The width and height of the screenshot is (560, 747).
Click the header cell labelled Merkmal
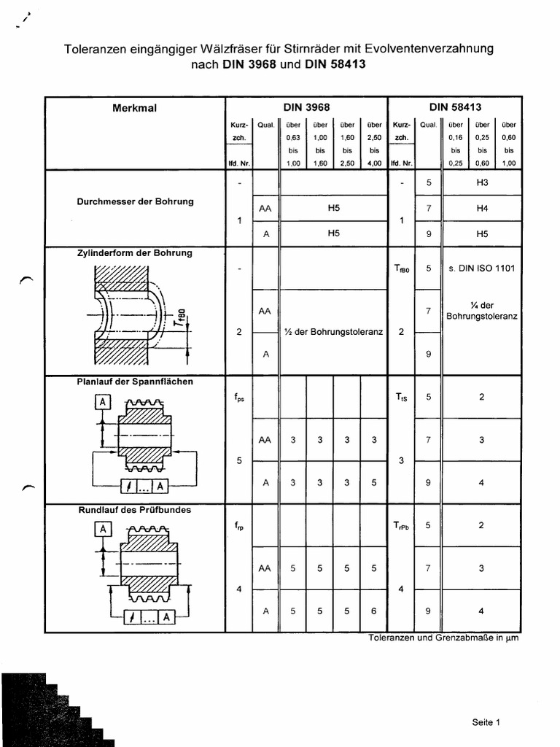(x=135, y=107)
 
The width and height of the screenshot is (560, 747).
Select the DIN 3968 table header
(x=306, y=107)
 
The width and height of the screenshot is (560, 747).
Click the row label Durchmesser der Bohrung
(x=136, y=201)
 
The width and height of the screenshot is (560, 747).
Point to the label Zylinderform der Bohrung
(x=135, y=253)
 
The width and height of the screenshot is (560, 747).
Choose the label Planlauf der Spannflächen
(x=135, y=382)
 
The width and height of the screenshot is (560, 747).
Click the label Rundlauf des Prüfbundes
(x=135, y=510)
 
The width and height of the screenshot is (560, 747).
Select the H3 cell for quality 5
(x=481, y=182)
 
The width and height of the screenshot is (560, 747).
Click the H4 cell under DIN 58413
(x=481, y=208)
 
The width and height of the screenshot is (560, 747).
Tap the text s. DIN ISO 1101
(x=481, y=268)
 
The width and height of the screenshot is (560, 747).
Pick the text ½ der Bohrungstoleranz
(x=334, y=332)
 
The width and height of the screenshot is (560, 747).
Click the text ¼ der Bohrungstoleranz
(x=481, y=311)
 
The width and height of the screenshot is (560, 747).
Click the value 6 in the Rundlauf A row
(x=374, y=611)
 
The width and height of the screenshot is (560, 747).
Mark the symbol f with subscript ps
(x=239, y=398)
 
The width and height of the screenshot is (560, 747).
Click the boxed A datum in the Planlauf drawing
(x=103, y=403)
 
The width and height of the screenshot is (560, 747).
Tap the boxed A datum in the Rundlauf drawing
(x=103, y=530)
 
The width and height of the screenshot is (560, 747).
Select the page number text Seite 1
(x=486, y=722)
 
